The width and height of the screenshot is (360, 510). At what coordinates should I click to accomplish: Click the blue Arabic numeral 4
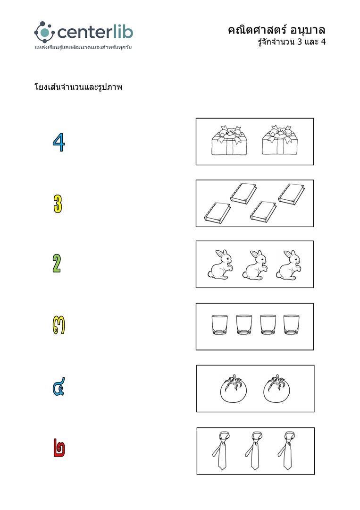[59, 142]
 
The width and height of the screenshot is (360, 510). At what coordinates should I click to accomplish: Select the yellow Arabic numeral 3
[58, 204]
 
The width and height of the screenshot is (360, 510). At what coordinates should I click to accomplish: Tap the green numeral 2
[57, 263]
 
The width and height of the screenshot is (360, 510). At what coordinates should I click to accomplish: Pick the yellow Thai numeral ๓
[59, 325]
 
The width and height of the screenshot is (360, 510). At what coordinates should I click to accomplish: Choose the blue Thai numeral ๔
[59, 386]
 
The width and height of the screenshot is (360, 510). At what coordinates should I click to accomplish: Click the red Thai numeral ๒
[59, 448]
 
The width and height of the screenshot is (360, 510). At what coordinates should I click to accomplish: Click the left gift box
[229, 141]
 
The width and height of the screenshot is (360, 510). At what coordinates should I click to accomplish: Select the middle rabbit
[255, 265]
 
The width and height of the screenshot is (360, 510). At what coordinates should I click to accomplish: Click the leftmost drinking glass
[219, 324]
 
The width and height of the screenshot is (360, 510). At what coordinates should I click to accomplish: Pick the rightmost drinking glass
[292, 324]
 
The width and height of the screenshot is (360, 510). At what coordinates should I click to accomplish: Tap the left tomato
[233, 389]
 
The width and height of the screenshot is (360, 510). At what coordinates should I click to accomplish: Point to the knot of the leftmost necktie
[223, 440]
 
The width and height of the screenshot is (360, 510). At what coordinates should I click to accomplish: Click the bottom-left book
[218, 213]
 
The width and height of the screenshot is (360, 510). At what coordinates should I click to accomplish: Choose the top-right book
[292, 194]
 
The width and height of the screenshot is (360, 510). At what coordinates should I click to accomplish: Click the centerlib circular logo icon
[44, 32]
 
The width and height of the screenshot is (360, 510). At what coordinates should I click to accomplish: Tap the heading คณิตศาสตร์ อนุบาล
[276, 30]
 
